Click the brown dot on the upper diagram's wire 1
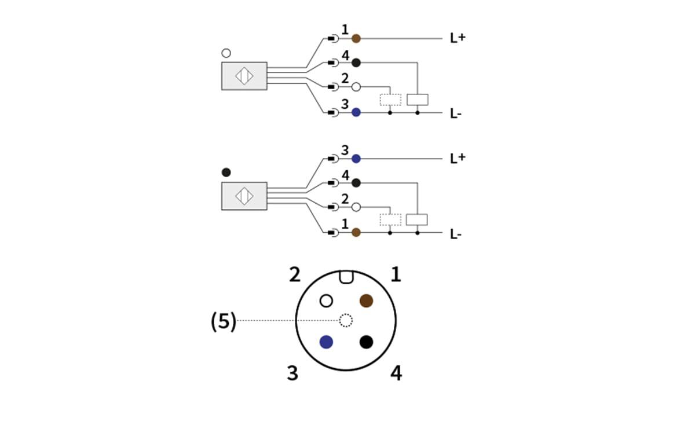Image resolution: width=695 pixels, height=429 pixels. tap(356, 39)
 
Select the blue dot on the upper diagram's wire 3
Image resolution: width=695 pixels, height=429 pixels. tap(356, 112)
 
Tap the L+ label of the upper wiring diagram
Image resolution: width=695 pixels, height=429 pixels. tap(458, 38)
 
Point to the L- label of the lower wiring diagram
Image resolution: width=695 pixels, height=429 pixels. tap(456, 234)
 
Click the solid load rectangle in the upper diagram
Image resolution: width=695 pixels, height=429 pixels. tap(417, 99)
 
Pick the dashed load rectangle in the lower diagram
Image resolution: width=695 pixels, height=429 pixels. tap(390, 220)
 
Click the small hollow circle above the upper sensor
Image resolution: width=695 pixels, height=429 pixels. tap(226, 53)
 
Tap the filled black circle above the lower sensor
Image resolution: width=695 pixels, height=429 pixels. tap(226, 173)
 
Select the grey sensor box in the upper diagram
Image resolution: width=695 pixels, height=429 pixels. tap(244, 76)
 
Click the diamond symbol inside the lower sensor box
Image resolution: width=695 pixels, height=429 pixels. tap(244, 196)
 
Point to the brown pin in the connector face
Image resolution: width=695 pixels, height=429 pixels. tap(366, 300)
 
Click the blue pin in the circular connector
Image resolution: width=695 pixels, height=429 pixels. tap(326, 342)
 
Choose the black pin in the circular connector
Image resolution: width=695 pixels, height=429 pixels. tap(366, 342)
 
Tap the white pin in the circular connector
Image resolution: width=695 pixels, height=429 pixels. tap(326, 300)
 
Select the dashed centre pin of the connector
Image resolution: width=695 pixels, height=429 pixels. tap(346, 320)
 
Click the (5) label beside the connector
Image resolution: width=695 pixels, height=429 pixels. tap(223, 322)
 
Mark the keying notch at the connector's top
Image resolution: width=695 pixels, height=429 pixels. tap(346, 277)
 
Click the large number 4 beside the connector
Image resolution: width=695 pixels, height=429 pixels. tap(396, 373)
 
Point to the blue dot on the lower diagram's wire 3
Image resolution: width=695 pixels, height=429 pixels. tap(356, 159)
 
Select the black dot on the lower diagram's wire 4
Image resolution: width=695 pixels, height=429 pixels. tap(356, 183)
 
